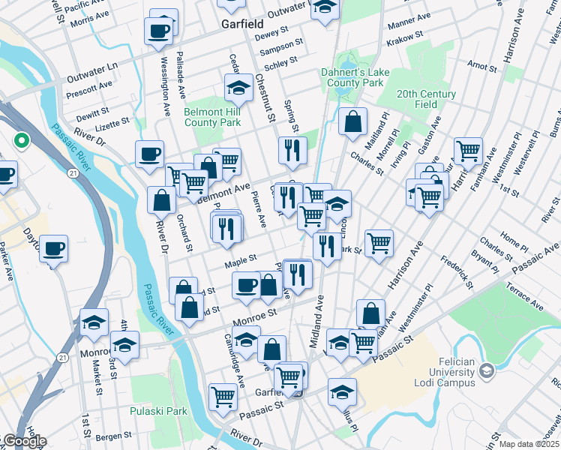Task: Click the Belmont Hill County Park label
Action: [x=212, y=117]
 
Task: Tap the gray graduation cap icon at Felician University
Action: [x=486, y=371]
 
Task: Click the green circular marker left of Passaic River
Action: [x=22, y=140]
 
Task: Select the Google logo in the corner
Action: [x=24, y=441]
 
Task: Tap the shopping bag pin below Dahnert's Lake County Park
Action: [x=352, y=121]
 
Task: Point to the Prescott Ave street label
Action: [x=88, y=88]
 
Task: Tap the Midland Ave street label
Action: [x=317, y=314]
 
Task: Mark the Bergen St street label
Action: [x=113, y=435]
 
